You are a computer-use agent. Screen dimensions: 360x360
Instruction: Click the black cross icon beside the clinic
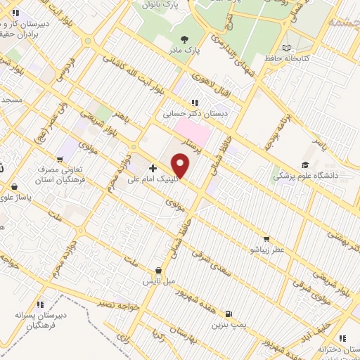tap(153, 168)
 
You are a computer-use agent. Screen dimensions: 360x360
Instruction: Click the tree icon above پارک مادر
tap(185, 39)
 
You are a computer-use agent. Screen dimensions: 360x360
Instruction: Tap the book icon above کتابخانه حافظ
tap(285, 49)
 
